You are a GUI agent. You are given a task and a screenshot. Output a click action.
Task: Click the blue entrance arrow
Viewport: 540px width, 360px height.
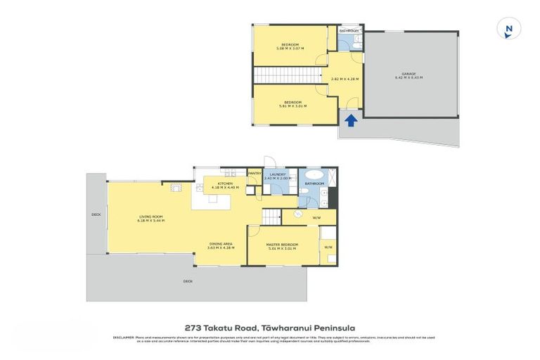(x=351, y=121)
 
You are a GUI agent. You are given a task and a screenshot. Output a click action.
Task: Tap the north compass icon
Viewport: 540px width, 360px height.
(x=508, y=29)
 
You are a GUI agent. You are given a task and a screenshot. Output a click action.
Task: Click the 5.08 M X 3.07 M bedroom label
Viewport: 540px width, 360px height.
(x=290, y=46)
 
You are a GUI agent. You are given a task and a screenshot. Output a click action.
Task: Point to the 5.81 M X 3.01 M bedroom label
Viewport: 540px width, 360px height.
(x=292, y=104)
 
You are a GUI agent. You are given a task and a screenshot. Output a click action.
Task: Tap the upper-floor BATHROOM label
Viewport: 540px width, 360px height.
(x=349, y=31)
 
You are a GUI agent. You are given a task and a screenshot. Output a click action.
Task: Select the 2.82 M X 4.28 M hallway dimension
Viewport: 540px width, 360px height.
(x=345, y=79)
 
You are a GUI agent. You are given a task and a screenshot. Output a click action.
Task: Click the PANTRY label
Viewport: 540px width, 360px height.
(x=254, y=173)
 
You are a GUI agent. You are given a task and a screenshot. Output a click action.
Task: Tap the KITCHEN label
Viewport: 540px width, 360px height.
(x=225, y=184)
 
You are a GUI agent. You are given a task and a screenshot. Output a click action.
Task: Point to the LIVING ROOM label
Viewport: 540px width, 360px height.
(x=151, y=217)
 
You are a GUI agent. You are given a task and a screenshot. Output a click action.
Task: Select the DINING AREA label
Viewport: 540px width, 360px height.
(x=221, y=245)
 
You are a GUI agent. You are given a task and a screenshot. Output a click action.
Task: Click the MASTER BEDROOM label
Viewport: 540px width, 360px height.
(x=282, y=246)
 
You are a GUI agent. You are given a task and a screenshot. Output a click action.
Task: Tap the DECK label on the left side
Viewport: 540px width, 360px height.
(x=96, y=214)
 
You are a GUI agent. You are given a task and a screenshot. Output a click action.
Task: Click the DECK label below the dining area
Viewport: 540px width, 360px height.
(x=188, y=281)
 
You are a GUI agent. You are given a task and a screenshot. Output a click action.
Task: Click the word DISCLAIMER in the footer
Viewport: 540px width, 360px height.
(x=124, y=338)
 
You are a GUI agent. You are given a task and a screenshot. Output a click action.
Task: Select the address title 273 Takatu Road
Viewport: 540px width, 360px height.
(x=221, y=328)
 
